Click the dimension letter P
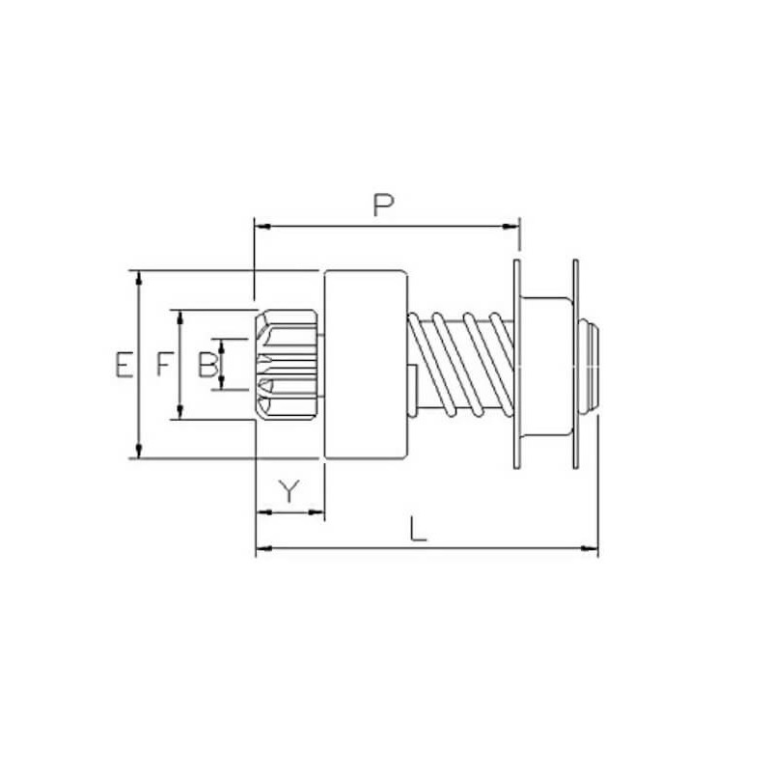click(384, 205)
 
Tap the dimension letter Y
click(289, 492)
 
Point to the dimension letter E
click(121, 365)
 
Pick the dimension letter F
click(164, 365)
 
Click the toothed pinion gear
click(288, 364)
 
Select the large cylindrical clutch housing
click(366, 364)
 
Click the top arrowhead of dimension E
click(141, 277)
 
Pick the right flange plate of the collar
click(576, 364)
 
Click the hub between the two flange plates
click(546, 364)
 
